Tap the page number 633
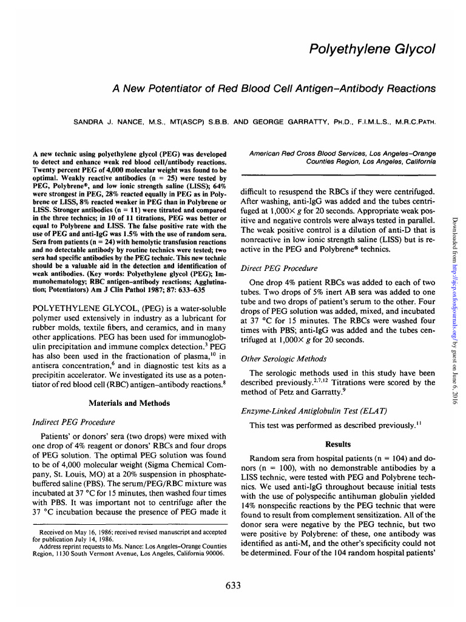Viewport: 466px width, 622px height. (x=233, y=585)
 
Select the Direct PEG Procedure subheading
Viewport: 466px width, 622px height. (x=279, y=268)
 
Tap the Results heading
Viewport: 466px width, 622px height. (x=338, y=444)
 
